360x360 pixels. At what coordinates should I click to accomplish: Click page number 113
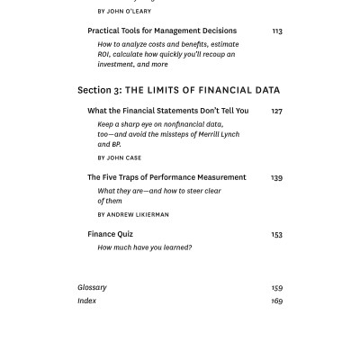[x=276, y=31]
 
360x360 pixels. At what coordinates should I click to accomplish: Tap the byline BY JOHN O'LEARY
[x=124, y=12]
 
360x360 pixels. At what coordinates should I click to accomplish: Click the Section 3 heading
[x=178, y=90]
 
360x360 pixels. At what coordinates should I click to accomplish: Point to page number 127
[x=276, y=112]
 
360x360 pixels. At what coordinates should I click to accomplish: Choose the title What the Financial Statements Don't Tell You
[x=167, y=111]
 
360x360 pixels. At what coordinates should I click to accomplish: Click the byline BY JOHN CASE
[x=120, y=157]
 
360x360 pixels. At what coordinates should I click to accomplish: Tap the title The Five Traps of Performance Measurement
[x=166, y=177]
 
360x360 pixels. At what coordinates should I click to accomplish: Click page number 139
[x=276, y=178]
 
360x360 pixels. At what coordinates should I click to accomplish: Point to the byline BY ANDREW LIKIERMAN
[x=133, y=214]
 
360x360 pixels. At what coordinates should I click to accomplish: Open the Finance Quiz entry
[x=111, y=234]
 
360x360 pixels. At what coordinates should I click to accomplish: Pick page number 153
[x=276, y=235]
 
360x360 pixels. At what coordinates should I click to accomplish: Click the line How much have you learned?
[x=145, y=247]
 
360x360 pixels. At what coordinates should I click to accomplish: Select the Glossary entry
[x=92, y=288]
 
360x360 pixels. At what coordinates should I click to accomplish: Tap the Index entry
[x=86, y=301]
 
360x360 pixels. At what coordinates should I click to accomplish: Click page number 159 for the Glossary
[x=276, y=288]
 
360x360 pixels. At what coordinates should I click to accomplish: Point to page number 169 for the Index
[x=276, y=301]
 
